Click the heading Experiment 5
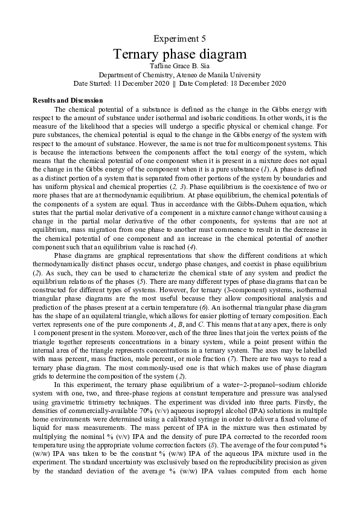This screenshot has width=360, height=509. pos(179,39)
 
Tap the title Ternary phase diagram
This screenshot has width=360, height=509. pos(179,54)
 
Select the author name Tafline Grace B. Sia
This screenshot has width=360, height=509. pos(179,66)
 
